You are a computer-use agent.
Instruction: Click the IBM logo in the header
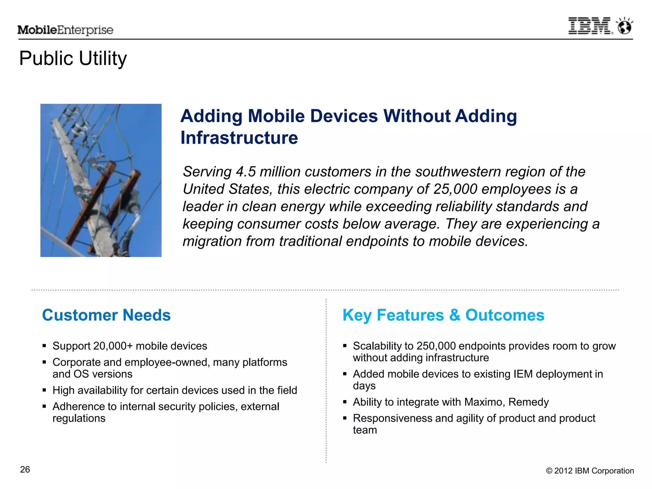click(x=590, y=26)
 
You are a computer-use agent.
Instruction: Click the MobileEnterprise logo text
click(x=65, y=30)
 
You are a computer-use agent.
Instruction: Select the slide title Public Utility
click(x=73, y=59)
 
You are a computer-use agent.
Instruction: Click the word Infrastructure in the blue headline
click(x=239, y=138)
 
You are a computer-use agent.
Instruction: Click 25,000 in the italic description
click(x=455, y=189)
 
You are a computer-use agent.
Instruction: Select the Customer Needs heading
click(x=106, y=315)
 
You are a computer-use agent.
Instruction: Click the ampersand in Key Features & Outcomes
click(x=455, y=315)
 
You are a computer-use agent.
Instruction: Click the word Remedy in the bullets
click(x=528, y=402)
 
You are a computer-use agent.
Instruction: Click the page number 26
click(x=25, y=470)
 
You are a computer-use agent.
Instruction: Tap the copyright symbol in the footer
click(x=549, y=471)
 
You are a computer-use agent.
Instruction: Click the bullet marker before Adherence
click(x=44, y=406)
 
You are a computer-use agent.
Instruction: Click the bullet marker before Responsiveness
click(x=345, y=418)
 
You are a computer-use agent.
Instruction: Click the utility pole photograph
click(x=101, y=180)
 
